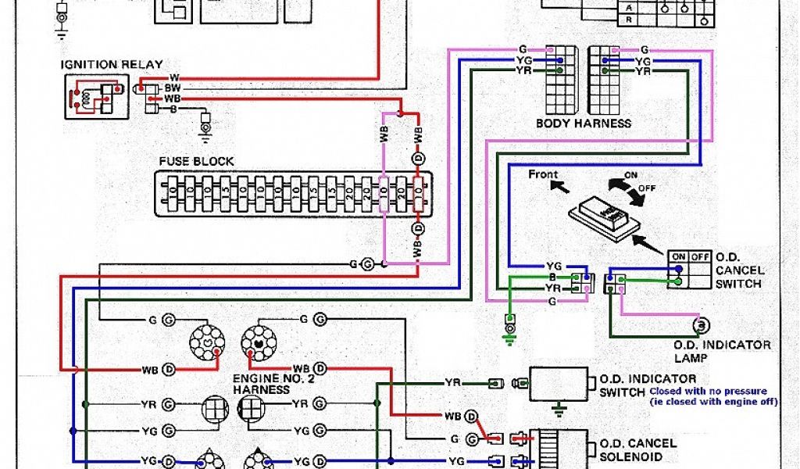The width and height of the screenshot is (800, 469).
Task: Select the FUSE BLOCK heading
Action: (196, 162)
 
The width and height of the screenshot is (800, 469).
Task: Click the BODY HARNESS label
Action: (583, 123)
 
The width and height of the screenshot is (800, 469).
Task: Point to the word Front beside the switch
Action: (544, 174)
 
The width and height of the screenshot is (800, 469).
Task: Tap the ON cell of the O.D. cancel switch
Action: (678, 256)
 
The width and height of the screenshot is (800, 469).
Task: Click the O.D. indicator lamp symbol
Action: (702, 324)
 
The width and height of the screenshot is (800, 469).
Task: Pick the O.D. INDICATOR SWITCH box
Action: (558, 384)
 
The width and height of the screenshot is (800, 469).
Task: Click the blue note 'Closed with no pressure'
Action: (707, 391)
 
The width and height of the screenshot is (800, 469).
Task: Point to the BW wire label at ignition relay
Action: (172, 88)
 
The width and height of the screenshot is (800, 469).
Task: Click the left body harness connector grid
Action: (561, 78)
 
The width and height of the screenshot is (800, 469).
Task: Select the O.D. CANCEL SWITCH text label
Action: (738, 270)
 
